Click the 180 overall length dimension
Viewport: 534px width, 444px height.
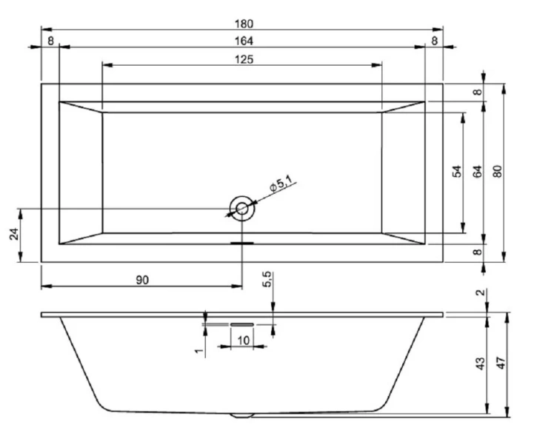pos(242,24)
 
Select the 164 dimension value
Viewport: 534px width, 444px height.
pos(242,40)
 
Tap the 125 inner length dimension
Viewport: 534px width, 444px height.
pos(242,59)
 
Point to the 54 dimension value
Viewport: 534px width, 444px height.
pos(458,172)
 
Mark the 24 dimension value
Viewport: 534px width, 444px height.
pos(13,235)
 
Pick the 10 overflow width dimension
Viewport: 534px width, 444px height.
pos(242,340)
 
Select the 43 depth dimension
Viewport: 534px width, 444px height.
pos(480,363)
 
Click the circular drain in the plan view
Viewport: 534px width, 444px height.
pos(242,208)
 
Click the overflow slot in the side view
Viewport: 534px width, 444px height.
pos(242,323)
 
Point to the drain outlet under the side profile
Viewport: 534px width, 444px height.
pos(242,415)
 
